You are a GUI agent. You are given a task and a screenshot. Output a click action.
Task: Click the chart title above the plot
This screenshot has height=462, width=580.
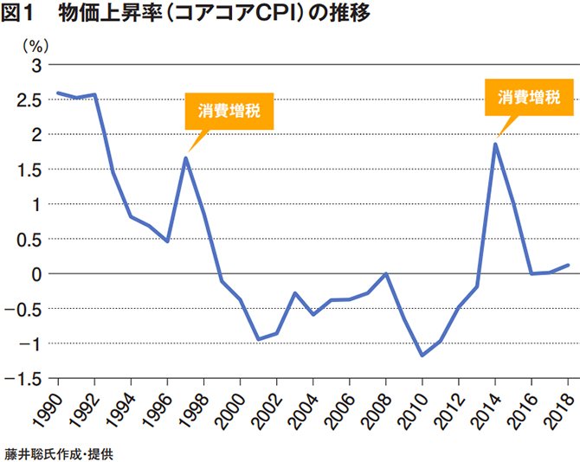187,15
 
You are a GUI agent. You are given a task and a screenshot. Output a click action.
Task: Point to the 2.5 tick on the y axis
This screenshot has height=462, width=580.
29,100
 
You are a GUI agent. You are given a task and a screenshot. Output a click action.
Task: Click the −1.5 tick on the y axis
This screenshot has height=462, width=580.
26,378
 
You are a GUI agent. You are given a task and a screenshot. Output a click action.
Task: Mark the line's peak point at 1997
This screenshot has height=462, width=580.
185,157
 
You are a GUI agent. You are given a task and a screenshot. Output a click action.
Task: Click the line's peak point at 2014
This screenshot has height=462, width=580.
495,144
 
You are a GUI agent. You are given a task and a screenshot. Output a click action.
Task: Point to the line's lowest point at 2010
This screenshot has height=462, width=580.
422,356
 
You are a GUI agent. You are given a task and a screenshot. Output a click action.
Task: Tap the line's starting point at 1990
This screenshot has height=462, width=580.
57,93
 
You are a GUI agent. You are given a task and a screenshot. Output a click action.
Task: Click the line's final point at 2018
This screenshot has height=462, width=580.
568,265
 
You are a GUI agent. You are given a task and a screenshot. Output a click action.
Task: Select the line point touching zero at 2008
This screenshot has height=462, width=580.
386,273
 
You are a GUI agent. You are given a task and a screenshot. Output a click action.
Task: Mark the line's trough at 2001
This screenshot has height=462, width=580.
258,339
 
